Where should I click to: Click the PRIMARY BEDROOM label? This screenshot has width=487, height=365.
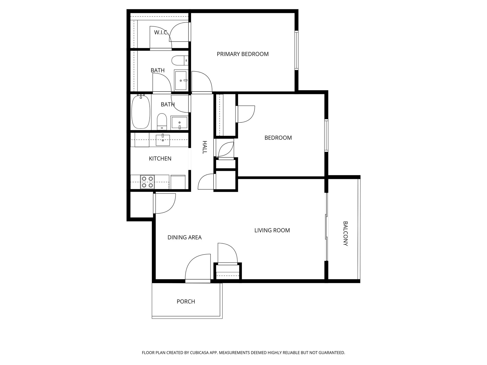(x=242, y=54)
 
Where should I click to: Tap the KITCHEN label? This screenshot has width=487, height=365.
(x=160, y=159)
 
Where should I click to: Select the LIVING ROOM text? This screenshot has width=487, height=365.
(x=272, y=230)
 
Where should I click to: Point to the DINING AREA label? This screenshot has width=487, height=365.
(x=184, y=238)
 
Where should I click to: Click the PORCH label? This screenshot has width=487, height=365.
(x=186, y=302)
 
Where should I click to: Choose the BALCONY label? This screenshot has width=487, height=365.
(x=345, y=234)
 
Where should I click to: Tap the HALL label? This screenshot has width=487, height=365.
(x=205, y=147)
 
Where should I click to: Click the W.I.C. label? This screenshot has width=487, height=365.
(x=162, y=33)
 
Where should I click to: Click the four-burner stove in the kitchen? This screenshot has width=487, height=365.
(x=147, y=182)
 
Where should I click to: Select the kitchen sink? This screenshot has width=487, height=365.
(x=163, y=140)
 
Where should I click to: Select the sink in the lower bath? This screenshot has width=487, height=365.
(x=179, y=123)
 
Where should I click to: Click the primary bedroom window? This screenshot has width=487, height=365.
(x=296, y=50)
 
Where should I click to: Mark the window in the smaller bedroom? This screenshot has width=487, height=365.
(x=326, y=136)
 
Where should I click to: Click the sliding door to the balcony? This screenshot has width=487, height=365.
(x=327, y=227)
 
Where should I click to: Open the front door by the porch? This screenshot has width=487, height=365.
(x=198, y=269)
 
